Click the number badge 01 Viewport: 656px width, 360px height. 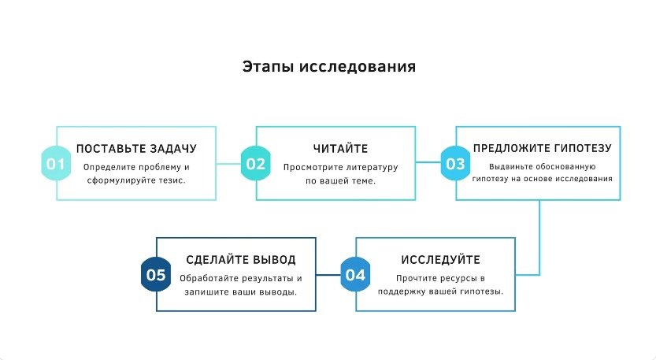tap(55, 164)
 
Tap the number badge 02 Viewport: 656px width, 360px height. tap(255, 164)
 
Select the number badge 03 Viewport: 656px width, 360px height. tap(455, 164)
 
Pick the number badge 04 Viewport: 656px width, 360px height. tap(355, 275)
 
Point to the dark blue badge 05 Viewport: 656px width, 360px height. tap(156, 275)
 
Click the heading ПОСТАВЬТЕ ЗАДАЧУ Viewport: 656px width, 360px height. tap(136, 148)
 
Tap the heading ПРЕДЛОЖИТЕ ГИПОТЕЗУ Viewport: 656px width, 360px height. tap(542, 148)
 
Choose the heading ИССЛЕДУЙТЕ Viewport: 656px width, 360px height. tap(440, 260)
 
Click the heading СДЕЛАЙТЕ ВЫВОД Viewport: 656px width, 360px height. tap(241, 260)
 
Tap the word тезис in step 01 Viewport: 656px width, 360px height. tap(178, 180)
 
